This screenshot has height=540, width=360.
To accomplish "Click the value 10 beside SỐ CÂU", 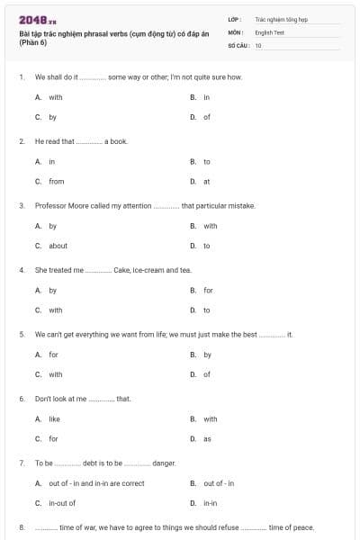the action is [x=258, y=45].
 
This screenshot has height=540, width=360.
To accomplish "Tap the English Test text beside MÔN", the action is [x=269, y=31].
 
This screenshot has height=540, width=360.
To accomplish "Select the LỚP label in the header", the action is [x=235, y=18].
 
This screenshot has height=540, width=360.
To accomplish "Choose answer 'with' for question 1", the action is [x=56, y=97].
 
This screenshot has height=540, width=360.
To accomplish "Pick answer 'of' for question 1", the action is [x=206, y=117].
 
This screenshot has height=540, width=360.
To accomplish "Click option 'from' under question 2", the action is [x=56, y=182].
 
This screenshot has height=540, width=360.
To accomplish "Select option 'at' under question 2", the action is [x=206, y=182].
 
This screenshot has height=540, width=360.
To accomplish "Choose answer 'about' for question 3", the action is [x=58, y=246].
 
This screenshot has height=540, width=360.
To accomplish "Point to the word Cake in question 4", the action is [x=122, y=270].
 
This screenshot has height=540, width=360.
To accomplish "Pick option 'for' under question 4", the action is [x=208, y=291].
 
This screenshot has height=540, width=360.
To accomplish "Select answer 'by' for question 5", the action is [x=207, y=355].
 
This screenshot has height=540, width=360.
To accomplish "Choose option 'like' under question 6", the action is [x=54, y=418].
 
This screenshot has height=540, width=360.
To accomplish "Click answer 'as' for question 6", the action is [x=207, y=439].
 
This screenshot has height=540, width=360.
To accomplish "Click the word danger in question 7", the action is [x=164, y=463].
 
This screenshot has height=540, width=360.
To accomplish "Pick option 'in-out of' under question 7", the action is [x=62, y=503].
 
